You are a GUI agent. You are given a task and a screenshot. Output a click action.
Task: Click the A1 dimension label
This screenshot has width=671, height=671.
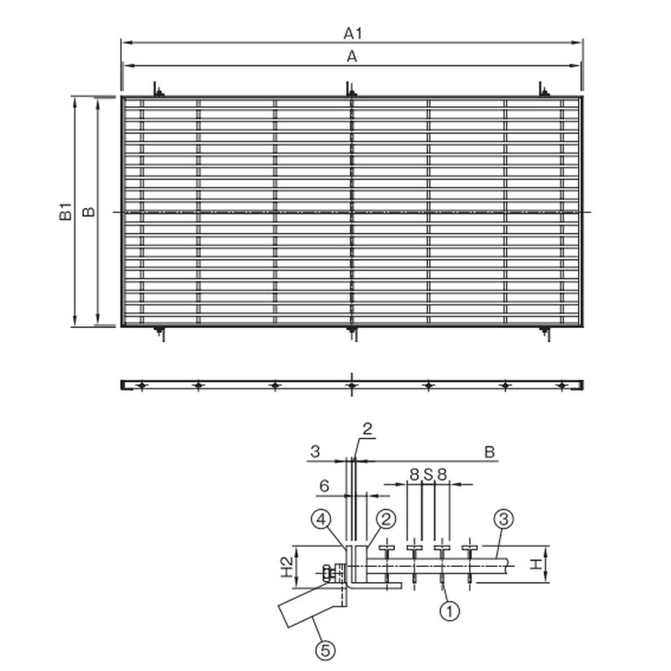(x=352, y=34)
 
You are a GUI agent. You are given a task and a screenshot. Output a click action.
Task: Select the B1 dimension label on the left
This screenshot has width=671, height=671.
(x=65, y=212)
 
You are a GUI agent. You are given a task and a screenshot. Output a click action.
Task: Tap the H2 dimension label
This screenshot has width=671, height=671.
(x=287, y=566)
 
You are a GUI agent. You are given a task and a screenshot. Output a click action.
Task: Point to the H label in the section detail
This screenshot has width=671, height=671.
(x=536, y=564)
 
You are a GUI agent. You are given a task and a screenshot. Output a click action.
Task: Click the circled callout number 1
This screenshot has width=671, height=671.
(x=450, y=611)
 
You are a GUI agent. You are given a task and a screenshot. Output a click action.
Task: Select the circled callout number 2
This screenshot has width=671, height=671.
(x=386, y=519)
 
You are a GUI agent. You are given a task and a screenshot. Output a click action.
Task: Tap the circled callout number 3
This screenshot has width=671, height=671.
(x=503, y=519)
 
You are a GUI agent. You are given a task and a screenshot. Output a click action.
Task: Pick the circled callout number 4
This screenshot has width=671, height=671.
(x=321, y=519)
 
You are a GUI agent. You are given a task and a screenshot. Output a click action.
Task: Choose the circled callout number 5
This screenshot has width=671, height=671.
(x=325, y=651)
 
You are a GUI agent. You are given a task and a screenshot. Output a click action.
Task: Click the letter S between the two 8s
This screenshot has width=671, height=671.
(x=428, y=474)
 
